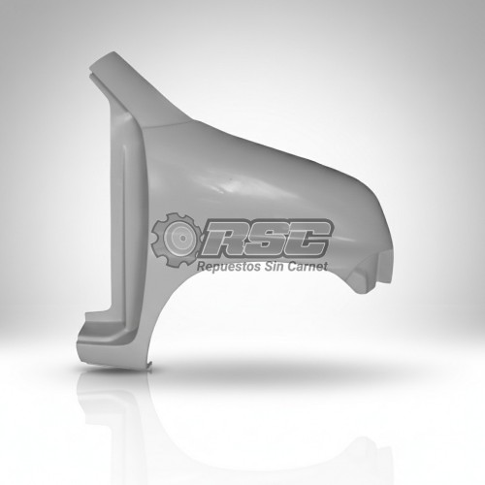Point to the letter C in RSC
[x=306, y=239]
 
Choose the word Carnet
[x=307, y=266]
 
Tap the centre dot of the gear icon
[x=183, y=239]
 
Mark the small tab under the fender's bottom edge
[x=149, y=366]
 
